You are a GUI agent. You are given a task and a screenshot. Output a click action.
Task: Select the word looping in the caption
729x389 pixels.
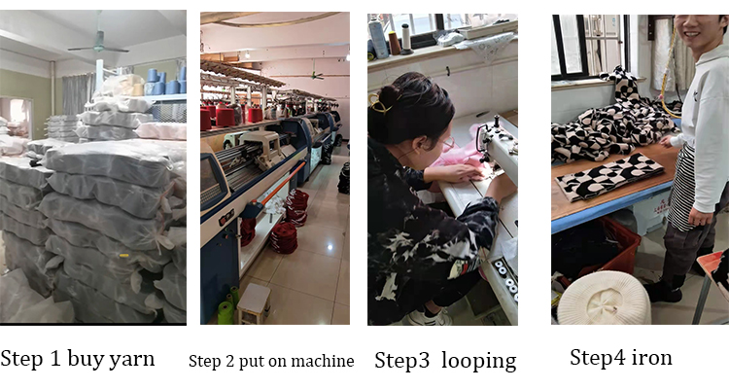[x=479, y=362]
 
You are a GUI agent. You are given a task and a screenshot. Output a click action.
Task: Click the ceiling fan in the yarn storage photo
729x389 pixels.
[x=98, y=45]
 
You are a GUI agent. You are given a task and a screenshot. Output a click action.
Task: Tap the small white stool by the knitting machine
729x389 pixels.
[x=254, y=302]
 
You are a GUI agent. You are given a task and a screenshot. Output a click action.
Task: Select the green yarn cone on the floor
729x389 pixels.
[x=226, y=312]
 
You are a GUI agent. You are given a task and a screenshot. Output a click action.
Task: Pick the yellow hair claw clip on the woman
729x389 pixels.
[x=379, y=104]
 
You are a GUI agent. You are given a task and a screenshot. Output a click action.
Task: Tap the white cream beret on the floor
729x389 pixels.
[x=604, y=298]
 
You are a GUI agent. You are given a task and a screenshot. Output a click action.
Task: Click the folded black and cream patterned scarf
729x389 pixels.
[x=608, y=176]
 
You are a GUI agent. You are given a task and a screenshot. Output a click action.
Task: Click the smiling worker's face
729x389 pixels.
[x=697, y=31]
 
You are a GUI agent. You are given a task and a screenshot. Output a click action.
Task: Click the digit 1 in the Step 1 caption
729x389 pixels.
[x=54, y=359]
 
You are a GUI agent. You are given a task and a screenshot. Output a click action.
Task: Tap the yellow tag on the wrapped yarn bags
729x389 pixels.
[x=123, y=256]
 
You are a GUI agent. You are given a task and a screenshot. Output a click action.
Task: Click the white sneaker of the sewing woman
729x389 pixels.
[x=429, y=318]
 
